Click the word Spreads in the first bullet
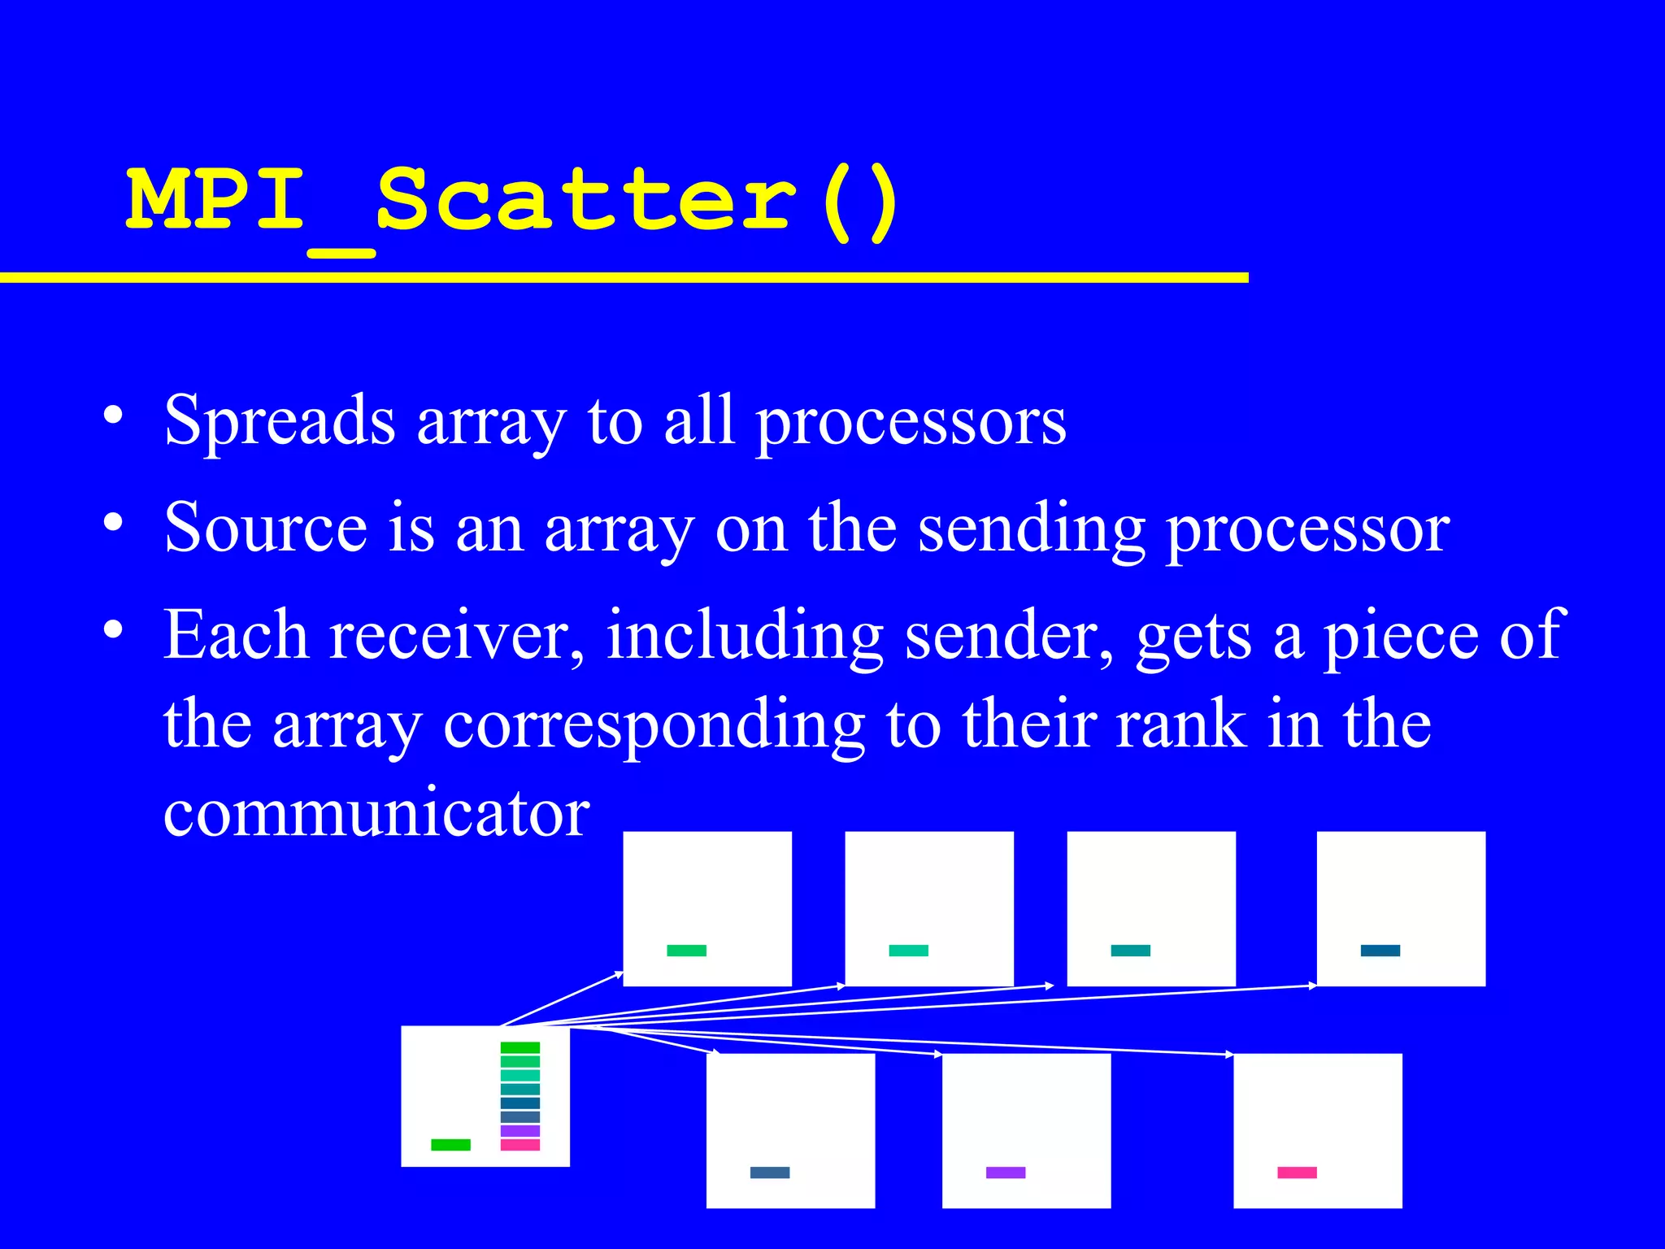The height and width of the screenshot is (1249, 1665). [280, 420]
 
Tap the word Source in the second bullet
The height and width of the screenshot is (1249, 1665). [266, 529]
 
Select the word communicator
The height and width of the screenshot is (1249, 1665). [376, 812]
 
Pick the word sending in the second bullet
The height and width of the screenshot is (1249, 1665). [1031, 529]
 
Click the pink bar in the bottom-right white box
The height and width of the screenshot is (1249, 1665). [1297, 1173]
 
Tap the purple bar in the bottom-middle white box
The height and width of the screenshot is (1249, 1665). [1006, 1173]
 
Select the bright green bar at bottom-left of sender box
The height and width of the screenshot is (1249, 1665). [450, 1145]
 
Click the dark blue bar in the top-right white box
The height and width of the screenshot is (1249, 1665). [1380, 951]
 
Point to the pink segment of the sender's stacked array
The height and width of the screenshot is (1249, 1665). [520, 1145]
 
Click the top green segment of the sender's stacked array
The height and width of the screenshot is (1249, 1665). [520, 1048]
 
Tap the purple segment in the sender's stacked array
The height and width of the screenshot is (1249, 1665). [520, 1131]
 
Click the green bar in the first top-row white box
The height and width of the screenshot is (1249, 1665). [687, 951]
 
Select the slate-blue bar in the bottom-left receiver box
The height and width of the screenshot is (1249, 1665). [770, 1173]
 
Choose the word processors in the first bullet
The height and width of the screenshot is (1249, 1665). [911, 420]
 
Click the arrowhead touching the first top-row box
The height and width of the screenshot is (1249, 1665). [619, 973]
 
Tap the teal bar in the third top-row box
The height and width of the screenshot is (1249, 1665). [1131, 951]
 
